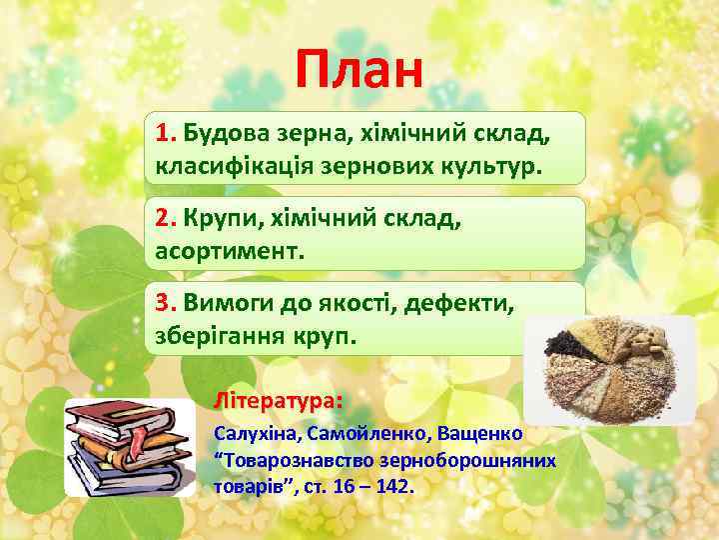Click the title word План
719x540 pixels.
click(x=359, y=71)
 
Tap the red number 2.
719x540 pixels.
click(x=165, y=217)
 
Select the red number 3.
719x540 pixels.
click(x=165, y=303)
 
